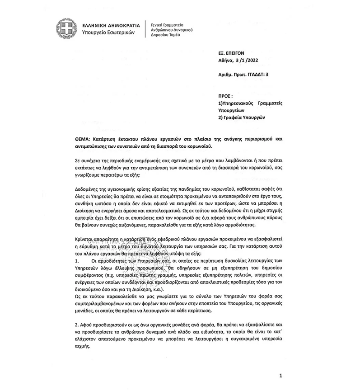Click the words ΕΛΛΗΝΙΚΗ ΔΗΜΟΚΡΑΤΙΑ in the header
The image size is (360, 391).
(107, 25)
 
